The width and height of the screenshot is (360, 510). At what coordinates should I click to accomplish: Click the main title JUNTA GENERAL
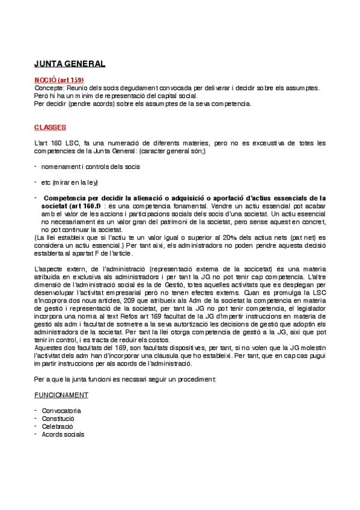pos(69,63)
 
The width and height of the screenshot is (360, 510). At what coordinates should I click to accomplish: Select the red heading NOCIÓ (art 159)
pos(58,79)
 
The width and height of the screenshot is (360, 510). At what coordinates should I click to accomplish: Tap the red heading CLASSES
pos(50,127)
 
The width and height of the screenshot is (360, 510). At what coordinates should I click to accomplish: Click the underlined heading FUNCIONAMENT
pos(61,395)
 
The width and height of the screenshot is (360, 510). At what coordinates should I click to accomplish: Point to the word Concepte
pos(48,88)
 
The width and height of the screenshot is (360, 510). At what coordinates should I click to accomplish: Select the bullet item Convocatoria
pos(61,411)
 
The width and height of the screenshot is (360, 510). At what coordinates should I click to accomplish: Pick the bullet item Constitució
pos(58,419)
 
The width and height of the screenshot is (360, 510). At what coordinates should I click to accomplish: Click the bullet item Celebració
pos(57,426)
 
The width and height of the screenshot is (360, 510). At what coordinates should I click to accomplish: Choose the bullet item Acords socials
pos(63,434)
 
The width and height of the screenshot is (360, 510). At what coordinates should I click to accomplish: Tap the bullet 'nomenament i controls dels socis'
pos(90,167)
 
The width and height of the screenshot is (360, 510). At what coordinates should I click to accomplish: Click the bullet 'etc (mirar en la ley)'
pos(69,182)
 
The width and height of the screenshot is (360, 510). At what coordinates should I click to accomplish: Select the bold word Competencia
pos(69,197)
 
